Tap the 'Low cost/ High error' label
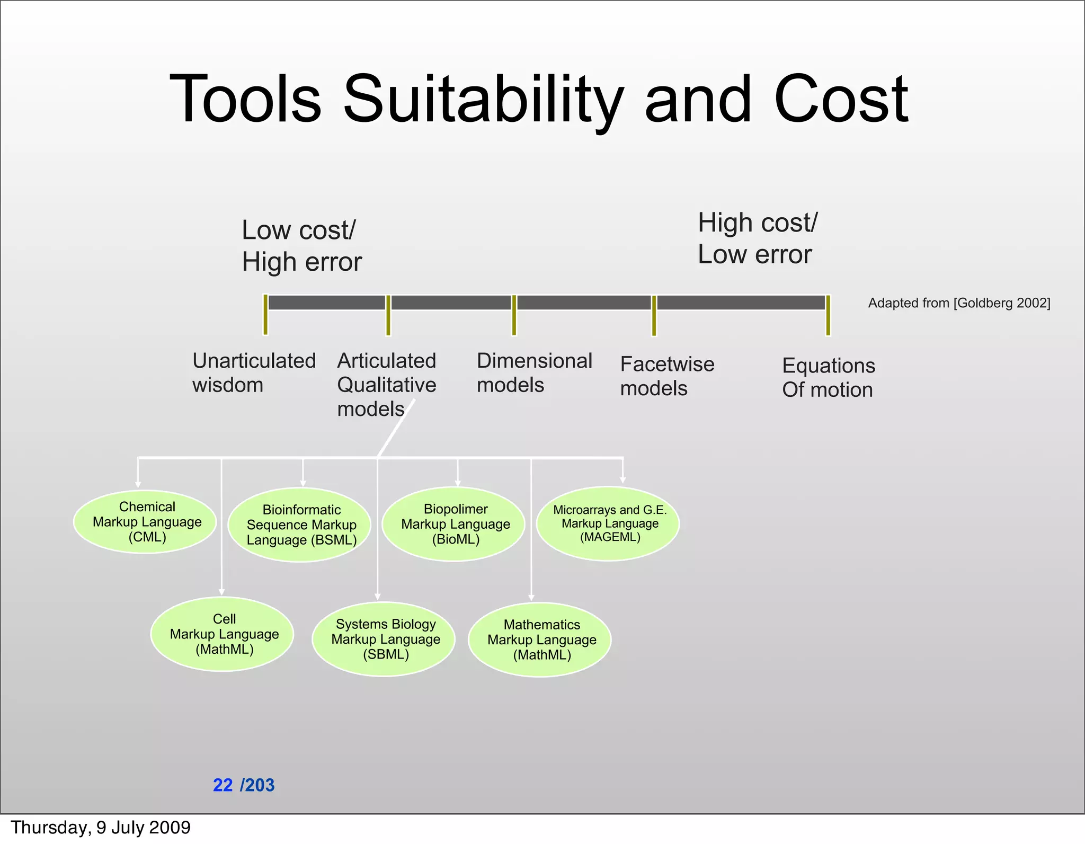coord(301,246)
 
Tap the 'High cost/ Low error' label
coord(757,238)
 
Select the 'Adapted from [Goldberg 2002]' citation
coord(958,303)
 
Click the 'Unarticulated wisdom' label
coord(253,372)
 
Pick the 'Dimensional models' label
coord(533,372)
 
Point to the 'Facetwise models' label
coord(666,376)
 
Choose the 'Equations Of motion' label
coord(828,377)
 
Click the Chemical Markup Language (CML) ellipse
coord(145,522)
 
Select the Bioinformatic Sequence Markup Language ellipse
coord(299,525)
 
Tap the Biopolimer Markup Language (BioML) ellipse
coord(453,524)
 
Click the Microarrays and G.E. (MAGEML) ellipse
coord(608,523)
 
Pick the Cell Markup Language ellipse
coord(223,634)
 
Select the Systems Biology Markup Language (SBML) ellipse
coord(384,639)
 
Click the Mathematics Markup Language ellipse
coord(540,639)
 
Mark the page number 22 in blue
coord(223,785)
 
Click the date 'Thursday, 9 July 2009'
coord(101,828)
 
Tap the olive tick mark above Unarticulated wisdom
coord(265,315)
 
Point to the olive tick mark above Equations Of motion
coord(828,315)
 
